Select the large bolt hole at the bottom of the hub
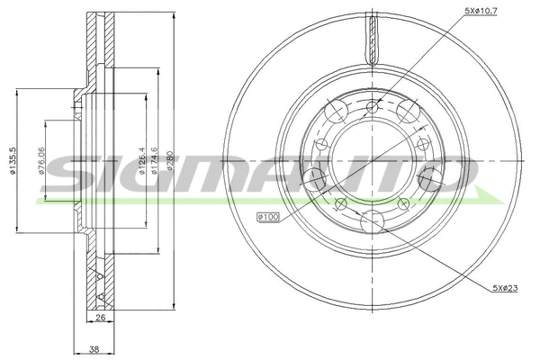tap(371, 220)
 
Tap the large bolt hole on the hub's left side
tap(316, 177)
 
